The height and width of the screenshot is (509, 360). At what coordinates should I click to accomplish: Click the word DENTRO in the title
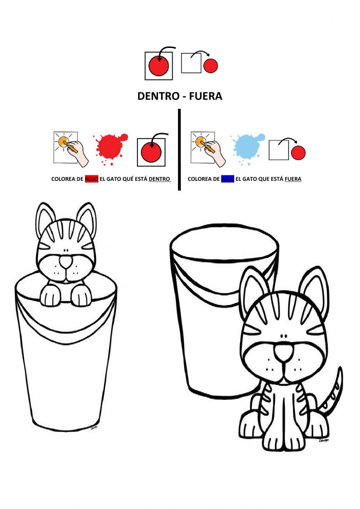tap(158, 96)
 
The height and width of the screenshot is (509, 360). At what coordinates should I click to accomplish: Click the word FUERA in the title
tap(206, 96)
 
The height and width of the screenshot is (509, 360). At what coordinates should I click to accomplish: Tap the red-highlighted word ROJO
tap(91, 179)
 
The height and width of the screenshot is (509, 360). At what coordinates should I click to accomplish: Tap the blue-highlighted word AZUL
tap(228, 179)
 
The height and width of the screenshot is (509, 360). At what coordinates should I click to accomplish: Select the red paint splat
tap(110, 148)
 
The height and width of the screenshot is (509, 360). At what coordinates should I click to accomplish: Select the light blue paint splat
tap(248, 148)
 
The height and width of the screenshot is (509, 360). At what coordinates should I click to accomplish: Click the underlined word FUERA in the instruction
tap(293, 179)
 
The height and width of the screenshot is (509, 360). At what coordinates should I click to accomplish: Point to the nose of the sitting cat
tap(283, 353)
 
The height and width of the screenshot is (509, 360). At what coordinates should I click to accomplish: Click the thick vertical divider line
tap(179, 149)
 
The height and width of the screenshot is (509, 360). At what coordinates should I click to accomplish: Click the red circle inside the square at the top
tap(159, 66)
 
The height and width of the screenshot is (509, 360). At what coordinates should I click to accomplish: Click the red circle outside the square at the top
tap(211, 66)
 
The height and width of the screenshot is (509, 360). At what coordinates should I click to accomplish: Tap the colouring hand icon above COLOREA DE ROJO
tap(71, 149)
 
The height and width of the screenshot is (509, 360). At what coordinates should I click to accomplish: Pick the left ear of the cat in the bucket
tap(45, 216)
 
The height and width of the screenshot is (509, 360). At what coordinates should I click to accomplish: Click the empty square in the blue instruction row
tap(279, 150)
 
